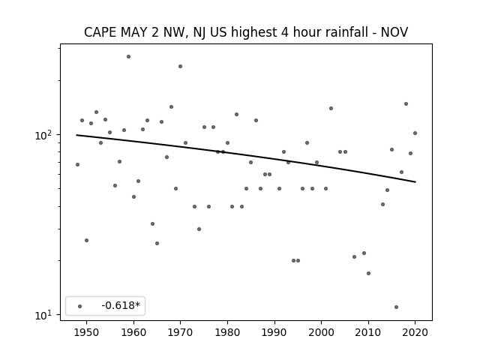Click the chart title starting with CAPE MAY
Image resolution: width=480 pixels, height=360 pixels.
(246, 32)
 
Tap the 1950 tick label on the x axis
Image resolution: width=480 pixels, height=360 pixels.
(87, 333)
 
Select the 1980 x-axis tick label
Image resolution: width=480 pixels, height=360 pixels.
(227, 333)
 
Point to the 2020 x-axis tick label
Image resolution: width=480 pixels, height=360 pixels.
(415, 333)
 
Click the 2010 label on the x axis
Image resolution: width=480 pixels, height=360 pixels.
(368, 333)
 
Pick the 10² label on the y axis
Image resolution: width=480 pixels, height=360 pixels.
(44, 135)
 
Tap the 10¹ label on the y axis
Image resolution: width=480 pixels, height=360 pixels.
(44, 315)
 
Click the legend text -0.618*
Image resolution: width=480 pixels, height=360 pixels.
(121, 305)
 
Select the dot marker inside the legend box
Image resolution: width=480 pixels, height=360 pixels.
(80, 306)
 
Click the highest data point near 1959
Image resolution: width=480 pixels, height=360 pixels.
(128, 57)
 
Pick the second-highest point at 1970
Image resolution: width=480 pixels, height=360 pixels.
(180, 67)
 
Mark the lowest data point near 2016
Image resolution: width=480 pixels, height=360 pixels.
(397, 307)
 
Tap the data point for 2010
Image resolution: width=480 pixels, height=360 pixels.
(368, 273)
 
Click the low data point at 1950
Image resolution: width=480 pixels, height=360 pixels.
(87, 240)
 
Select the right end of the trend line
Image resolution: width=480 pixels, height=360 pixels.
(415, 182)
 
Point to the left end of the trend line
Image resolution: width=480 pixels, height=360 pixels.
(76, 135)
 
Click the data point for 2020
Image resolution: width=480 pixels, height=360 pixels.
(415, 133)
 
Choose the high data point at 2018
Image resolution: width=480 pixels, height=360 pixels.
(406, 104)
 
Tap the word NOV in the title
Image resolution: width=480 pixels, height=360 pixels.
(394, 32)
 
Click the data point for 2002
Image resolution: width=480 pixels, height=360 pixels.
(331, 108)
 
